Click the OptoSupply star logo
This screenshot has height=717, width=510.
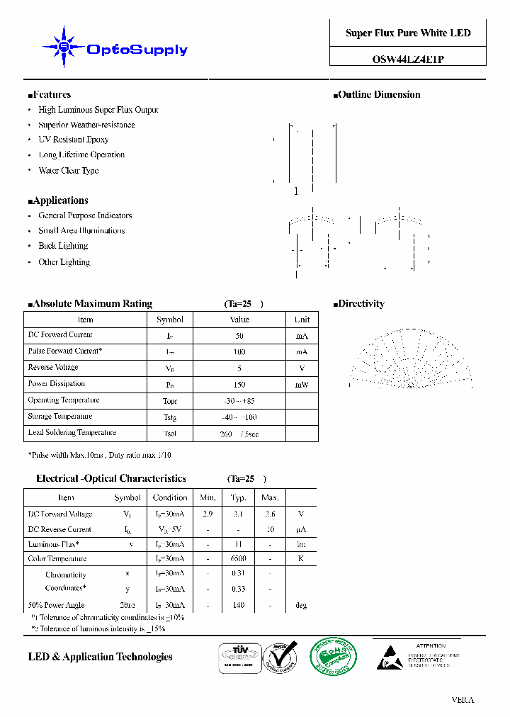64,47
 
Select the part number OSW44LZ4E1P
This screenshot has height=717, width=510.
408,60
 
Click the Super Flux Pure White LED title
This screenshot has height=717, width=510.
408,33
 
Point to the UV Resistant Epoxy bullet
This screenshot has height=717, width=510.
74,140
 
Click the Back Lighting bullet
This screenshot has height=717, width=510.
63,246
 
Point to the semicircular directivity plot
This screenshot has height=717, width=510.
410,358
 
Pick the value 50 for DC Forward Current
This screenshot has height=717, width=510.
239,336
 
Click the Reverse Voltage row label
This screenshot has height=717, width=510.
53,368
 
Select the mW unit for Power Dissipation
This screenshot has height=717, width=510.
302,385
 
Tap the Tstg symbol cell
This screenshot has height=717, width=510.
170,417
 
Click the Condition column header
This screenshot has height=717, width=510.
170,497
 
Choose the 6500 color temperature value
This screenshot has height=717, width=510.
239,559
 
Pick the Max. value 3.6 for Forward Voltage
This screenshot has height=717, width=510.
270,514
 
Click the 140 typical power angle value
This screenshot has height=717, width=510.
239,606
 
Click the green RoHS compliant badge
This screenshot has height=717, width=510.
332,657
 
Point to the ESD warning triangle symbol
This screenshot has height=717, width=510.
387,656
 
